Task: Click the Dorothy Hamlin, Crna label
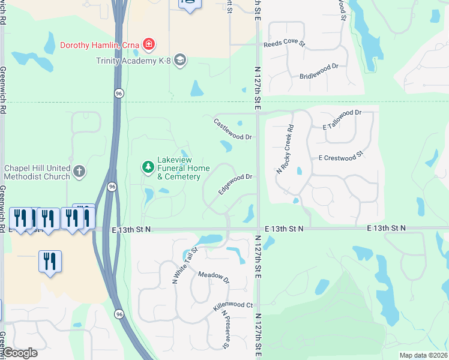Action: click(x=99, y=44)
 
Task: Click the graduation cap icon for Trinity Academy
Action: click(x=181, y=60)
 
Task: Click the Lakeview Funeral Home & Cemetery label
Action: click(x=178, y=169)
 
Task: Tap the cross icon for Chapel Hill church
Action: click(x=79, y=172)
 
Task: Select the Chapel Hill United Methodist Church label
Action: click(x=37, y=172)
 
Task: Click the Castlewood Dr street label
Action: click(x=233, y=129)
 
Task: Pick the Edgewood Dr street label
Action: click(x=234, y=184)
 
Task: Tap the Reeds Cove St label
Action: click(x=285, y=44)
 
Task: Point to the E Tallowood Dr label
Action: click(x=343, y=119)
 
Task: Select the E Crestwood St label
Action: click(x=342, y=156)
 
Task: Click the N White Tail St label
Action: click(x=184, y=265)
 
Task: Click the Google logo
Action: click(x=20, y=353)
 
